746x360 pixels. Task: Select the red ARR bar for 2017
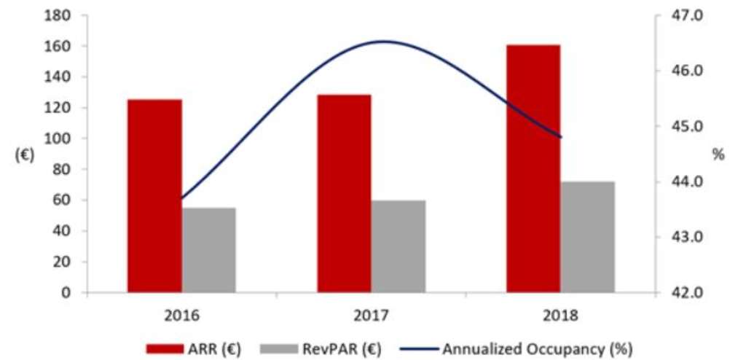pos(344,193)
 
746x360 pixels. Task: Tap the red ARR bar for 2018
pos(533,168)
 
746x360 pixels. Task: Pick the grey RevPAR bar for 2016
pos(209,250)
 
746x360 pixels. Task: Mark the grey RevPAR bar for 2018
pos(588,237)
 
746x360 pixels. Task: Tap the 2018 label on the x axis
pos(560,316)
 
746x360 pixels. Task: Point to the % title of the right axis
pos(718,154)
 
